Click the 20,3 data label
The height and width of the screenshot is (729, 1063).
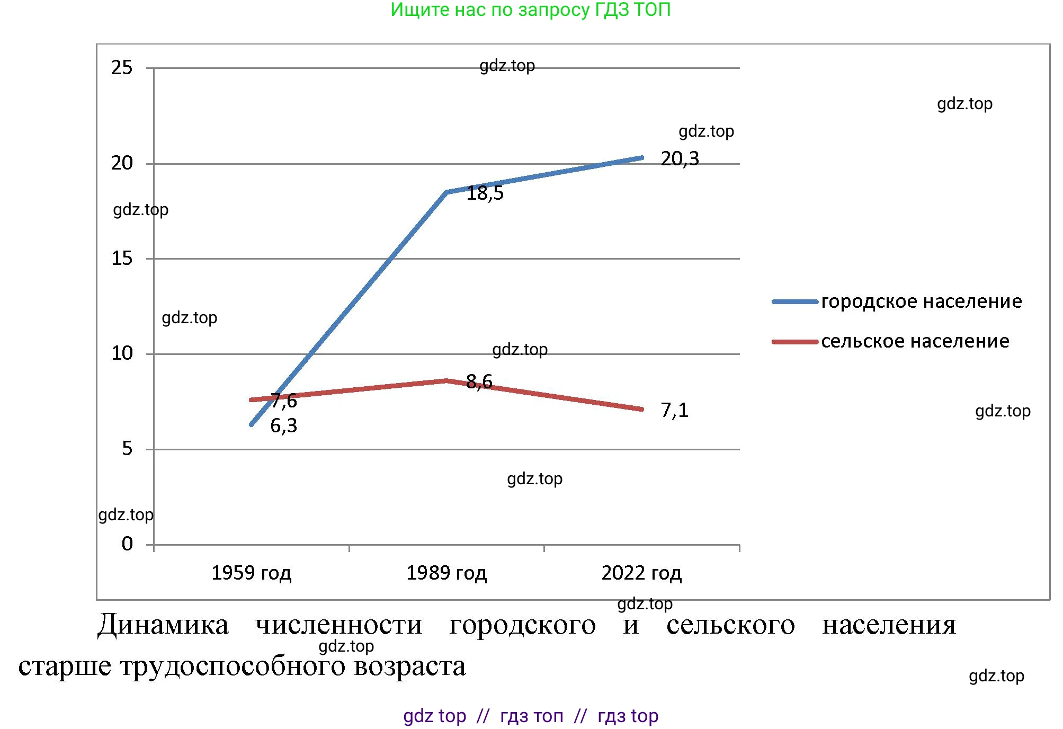(680, 158)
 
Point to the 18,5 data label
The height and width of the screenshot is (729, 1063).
(485, 193)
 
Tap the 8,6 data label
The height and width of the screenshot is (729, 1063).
(479, 381)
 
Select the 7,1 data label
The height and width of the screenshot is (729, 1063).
(674, 410)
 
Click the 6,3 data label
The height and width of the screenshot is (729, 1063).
(283, 425)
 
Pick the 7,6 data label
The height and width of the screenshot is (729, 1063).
(284, 401)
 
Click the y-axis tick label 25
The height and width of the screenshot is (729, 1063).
(122, 67)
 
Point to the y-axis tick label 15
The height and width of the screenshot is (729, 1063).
(122, 258)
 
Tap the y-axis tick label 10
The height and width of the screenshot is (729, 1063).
(122, 353)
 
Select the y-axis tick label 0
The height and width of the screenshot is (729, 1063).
(127, 544)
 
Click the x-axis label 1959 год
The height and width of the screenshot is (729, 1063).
(251, 573)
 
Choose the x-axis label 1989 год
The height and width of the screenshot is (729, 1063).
(446, 573)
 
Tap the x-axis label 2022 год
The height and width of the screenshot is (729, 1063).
(641, 573)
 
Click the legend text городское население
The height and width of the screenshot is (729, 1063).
(922, 301)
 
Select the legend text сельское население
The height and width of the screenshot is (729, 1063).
(915, 341)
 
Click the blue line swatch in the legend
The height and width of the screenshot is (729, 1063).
(795, 302)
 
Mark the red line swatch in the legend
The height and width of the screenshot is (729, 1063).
(795, 342)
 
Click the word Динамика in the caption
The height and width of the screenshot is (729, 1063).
(163, 625)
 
